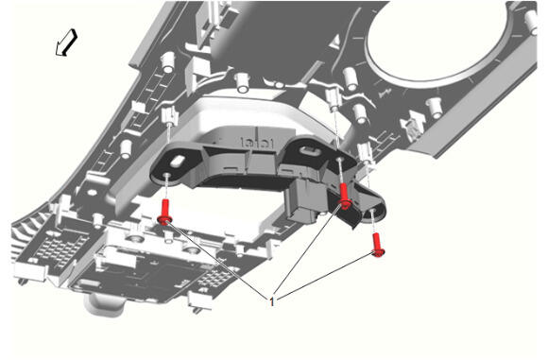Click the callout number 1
(x=272, y=301)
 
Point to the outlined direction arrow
(x=66, y=43)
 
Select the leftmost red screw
(x=164, y=213)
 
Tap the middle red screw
(x=344, y=197)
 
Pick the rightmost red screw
(x=377, y=246)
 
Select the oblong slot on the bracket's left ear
(x=178, y=162)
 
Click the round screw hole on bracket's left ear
(x=167, y=175)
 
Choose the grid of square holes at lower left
(x=60, y=248)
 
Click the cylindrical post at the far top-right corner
(x=531, y=22)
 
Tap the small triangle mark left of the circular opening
(x=335, y=42)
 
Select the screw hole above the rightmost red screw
(x=372, y=211)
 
